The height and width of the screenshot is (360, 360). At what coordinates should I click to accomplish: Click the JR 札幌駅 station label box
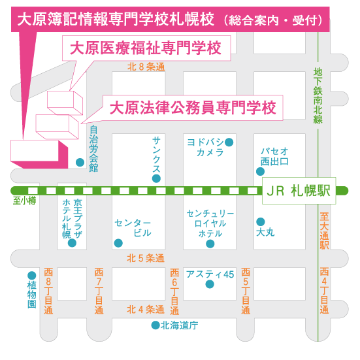299,191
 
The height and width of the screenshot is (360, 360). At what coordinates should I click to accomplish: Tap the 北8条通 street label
146,67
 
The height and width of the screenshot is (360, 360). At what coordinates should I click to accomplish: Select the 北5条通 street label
146,258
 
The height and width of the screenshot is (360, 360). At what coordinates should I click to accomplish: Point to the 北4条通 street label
146,310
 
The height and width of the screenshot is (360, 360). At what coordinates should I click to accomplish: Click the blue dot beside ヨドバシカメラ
229,142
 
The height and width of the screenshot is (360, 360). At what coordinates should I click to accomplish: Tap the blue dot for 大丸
261,221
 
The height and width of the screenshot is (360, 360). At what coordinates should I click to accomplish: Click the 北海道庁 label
179,325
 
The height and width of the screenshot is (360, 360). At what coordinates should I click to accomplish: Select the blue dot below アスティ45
210,284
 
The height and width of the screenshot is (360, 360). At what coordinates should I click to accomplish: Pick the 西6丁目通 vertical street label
174,291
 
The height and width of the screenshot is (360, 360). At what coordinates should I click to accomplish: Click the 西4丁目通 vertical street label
324,291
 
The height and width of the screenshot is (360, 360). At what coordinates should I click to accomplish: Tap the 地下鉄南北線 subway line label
318,96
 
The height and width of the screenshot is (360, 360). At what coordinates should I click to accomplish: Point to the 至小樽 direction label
25,201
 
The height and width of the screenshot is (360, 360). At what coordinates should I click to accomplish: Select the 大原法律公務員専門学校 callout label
193,108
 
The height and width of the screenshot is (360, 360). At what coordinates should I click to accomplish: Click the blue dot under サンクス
156,178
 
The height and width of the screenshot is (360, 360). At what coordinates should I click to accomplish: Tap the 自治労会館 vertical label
93,149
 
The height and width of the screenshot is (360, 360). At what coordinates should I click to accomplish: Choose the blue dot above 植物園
31,276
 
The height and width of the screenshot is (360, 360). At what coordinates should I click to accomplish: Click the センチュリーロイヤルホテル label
210,223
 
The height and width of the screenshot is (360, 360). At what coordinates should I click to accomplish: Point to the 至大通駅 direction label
324,231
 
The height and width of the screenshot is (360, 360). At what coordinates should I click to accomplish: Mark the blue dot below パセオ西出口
260,171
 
